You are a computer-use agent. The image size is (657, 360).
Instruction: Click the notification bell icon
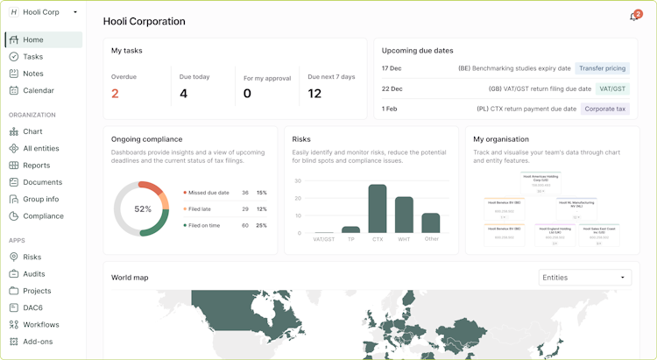(634, 17)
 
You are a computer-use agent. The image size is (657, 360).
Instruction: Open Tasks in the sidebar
(33, 57)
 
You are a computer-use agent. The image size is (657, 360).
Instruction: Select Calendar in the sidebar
(38, 90)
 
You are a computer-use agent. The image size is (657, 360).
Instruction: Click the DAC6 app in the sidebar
(34, 307)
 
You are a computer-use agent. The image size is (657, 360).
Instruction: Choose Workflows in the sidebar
(41, 324)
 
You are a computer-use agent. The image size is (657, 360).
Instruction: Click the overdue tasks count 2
(115, 94)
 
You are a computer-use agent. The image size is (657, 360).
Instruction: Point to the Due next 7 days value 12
(314, 94)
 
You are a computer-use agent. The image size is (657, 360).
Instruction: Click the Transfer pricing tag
(602, 68)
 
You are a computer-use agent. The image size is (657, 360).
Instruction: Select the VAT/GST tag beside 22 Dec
(612, 88)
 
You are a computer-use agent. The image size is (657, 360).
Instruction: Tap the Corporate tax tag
(605, 109)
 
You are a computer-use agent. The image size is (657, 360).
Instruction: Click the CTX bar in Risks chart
(378, 208)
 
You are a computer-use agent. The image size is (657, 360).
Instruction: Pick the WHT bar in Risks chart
(404, 215)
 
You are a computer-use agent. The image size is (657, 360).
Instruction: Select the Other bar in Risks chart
(430, 222)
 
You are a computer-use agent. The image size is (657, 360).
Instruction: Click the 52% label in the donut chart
(143, 209)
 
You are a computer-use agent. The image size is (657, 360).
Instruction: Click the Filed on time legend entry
(206, 225)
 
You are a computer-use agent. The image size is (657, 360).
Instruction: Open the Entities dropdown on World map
(584, 278)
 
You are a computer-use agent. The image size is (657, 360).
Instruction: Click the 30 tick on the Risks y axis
(298, 181)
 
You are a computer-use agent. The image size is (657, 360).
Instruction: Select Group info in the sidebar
(41, 199)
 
